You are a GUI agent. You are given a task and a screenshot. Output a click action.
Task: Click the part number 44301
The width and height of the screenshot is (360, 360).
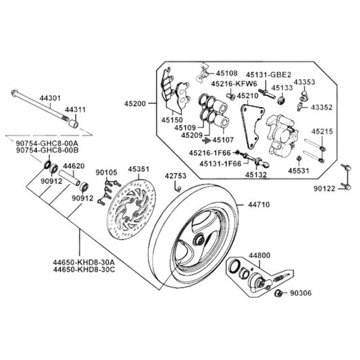coord(50,98)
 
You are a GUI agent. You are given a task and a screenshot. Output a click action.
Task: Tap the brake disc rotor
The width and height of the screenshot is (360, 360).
coord(132,209)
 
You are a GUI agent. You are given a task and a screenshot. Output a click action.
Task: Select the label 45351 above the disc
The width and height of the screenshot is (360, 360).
coord(138,170)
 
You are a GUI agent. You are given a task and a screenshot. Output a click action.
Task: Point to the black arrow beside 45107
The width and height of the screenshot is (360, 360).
coord(207,140)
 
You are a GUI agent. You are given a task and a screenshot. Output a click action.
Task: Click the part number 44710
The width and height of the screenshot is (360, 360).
coord(259,205)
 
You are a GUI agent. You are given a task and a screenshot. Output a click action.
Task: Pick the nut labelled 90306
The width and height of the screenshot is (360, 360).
coord(278,293)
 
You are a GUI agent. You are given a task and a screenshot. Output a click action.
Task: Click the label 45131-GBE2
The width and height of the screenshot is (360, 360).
coord(268,75)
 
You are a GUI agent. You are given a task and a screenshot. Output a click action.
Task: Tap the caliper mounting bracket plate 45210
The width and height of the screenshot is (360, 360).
coord(253,126)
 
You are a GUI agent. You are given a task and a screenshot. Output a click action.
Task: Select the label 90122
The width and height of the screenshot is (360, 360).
coord(324,188)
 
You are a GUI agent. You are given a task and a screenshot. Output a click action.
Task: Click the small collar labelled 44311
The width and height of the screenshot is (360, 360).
coord(74,124)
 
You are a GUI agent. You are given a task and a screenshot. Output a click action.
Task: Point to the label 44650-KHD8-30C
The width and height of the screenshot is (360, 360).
coord(84,269)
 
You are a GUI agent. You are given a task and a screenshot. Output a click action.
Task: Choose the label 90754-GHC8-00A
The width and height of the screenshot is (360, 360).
coord(47,143)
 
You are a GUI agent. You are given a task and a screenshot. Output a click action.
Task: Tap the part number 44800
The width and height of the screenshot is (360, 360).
coord(259,255)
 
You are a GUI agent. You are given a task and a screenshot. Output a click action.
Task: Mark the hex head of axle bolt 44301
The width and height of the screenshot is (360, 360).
coord(14,93)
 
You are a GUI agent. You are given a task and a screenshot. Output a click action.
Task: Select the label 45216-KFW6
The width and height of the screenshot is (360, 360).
coord(234,84)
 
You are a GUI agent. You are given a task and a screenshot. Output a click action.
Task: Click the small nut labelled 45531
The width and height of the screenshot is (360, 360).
coord(299,158)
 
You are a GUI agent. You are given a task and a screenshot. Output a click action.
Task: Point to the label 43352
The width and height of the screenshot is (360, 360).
coord(322,107)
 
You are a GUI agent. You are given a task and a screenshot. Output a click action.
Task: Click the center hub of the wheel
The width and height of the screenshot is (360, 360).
coord(199,240)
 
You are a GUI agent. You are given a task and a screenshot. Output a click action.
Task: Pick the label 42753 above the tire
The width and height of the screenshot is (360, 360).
coord(176,176)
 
